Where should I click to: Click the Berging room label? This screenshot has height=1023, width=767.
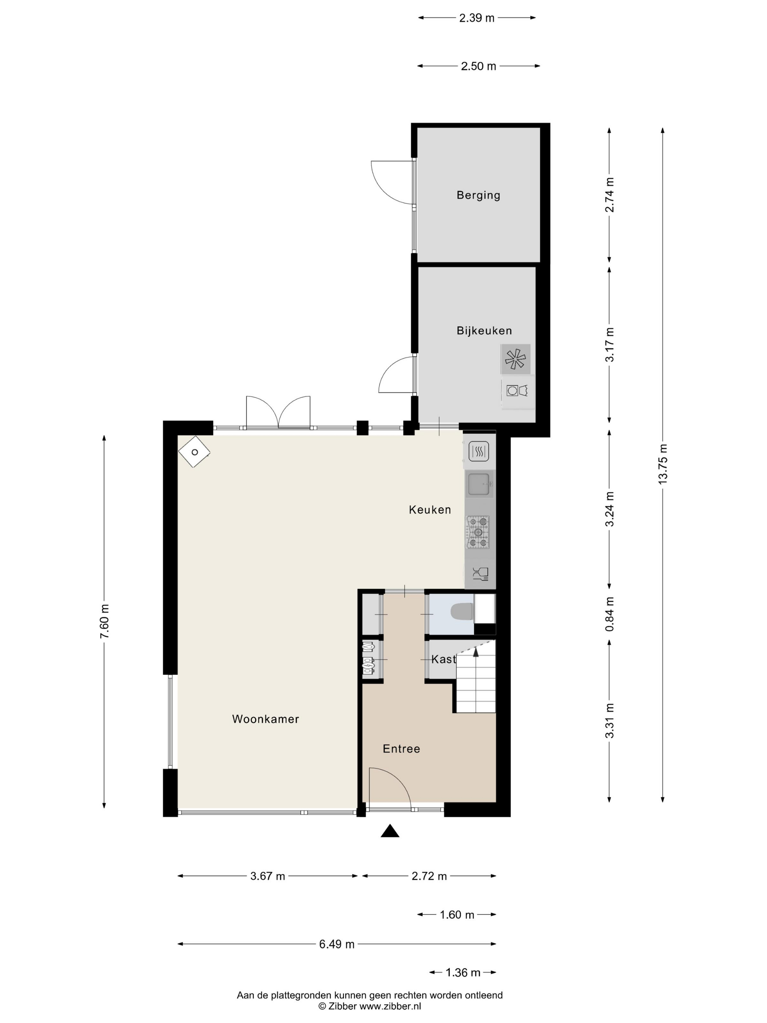pyautogui.click(x=478, y=195)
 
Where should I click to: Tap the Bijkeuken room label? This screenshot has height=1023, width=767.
pyautogui.click(x=484, y=331)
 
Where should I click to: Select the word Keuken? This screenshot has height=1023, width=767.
pyautogui.click(x=430, y=510)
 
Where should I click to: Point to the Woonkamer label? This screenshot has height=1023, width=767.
pyautogui.click(x=266, y=719)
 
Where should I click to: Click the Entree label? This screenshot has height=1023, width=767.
pyautogui.click(x=401, y=749)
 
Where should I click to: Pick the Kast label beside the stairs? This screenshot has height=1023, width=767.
pyautogui.click(x=443, y=659)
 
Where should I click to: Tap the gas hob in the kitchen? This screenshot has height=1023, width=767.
pyautogui.click(x=478, y=532)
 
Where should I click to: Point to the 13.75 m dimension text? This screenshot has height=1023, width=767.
pyautogui.click(x=663, y=464)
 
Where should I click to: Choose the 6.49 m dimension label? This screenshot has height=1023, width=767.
pyautogui.click(x=337, y=944)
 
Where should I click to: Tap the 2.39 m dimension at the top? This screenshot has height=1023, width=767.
pyautogui.click(x=477, y=18)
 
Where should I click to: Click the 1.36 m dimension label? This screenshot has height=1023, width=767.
pyautogui.click(x=463, y=973)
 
